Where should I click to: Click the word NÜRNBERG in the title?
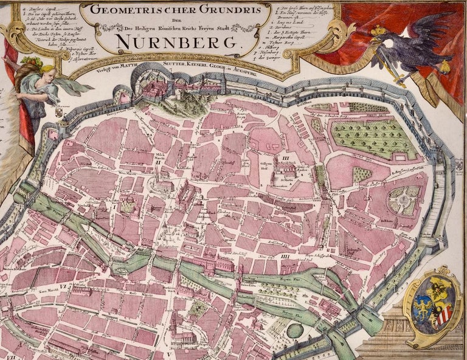coord(178,43)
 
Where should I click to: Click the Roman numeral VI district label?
coord(63,285)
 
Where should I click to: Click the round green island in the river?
coord(295,331)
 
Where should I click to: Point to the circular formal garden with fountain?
coord(405,198)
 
